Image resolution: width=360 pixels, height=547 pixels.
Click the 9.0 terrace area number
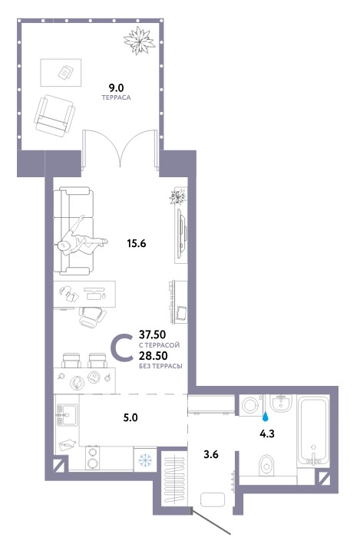[116, 87]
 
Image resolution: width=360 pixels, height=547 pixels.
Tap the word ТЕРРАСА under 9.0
[116, 97]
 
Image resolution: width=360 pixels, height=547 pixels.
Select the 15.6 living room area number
[137, 243]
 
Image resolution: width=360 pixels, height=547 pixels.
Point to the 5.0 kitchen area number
[130, 417]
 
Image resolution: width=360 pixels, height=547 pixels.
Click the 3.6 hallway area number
[211, 454]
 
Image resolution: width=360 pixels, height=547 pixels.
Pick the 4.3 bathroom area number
[267, 433]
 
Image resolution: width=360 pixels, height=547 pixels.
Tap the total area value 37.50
[152, 335]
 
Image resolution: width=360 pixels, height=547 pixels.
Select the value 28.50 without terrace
[153, 356]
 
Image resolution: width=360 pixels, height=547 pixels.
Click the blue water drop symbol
[266, 416]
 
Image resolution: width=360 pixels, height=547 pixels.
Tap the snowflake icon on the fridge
[145, 460]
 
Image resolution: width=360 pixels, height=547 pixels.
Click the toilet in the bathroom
[267, 465]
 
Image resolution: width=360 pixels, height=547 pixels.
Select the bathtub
[313, 430]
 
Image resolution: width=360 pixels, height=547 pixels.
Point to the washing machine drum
[251, 405]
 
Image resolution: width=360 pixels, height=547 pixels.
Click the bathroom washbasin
[280, 404]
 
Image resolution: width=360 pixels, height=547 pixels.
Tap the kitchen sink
[64, 416]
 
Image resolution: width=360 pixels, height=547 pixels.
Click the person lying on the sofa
[81, 241]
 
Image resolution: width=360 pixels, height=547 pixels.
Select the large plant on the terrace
[140, 41]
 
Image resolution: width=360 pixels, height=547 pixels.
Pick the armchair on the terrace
[54, 116]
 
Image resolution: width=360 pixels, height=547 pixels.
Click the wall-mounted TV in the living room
[181, 230]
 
